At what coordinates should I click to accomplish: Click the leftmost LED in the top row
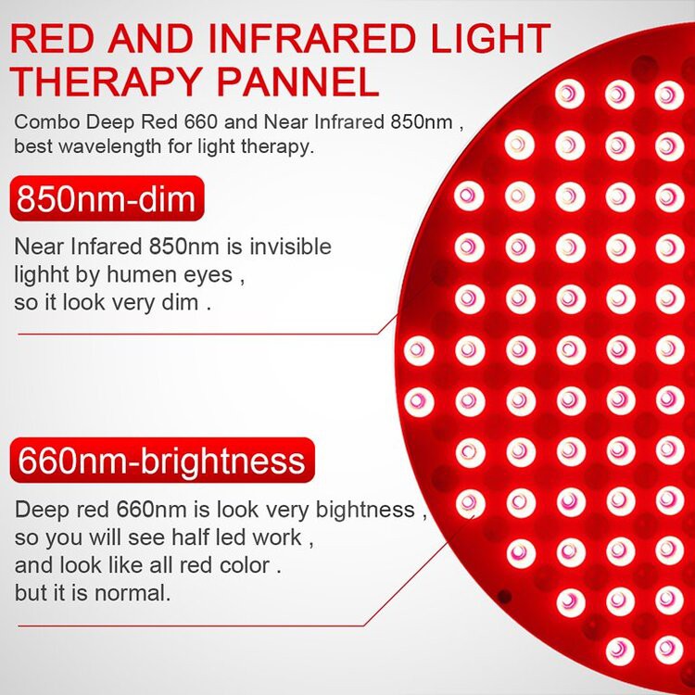coord(569,93)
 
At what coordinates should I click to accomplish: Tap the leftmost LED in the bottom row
coord(619,650)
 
